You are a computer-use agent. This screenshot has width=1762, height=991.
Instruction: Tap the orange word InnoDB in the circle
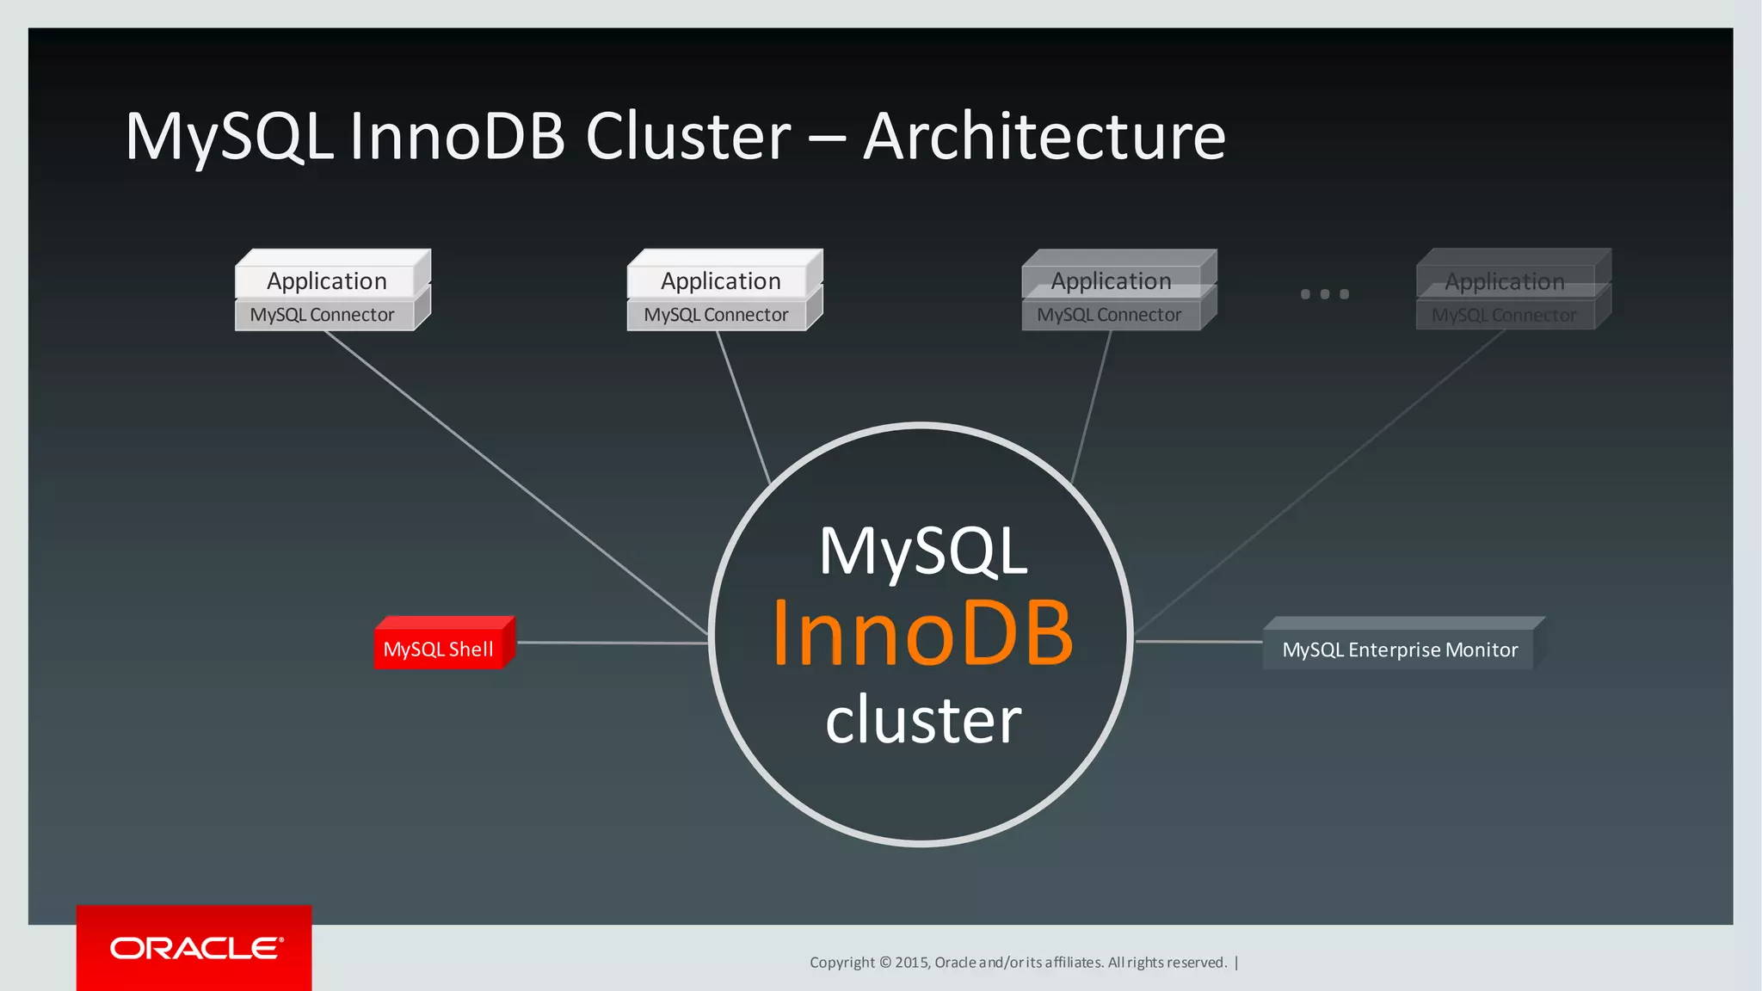click(x=922, y=634)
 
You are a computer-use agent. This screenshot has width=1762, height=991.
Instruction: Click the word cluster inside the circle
click(x=923, y=720)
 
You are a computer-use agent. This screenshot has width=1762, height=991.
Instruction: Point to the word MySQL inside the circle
click(x=923, y=551)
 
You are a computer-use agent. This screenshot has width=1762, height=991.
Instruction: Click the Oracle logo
click(x=195, y=948)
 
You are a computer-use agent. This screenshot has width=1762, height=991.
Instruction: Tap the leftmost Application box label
click(x=326, y=281)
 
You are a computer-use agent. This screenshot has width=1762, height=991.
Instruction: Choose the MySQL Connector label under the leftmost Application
click(x=322, y=315)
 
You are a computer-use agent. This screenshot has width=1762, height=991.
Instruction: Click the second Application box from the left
click(x=720, y=281)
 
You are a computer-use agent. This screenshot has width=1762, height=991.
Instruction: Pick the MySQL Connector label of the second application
click(x=716, y=315)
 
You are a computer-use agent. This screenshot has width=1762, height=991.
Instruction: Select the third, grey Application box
click(x=1111, y=281)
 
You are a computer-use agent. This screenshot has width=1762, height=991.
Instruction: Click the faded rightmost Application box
click(x=1504, y=281)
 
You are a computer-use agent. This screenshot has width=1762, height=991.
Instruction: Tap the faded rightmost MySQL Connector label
click(x=1504, y=316)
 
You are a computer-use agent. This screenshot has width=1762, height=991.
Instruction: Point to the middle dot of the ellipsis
click(x=1325, y=294)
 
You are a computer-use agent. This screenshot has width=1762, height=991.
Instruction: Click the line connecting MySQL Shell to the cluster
click(x=611, y=643)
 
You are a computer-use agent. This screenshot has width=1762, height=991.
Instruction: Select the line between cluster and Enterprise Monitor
click(x=1198, y=642)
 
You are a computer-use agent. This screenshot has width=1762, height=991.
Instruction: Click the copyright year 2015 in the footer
click(x=911, y=963)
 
